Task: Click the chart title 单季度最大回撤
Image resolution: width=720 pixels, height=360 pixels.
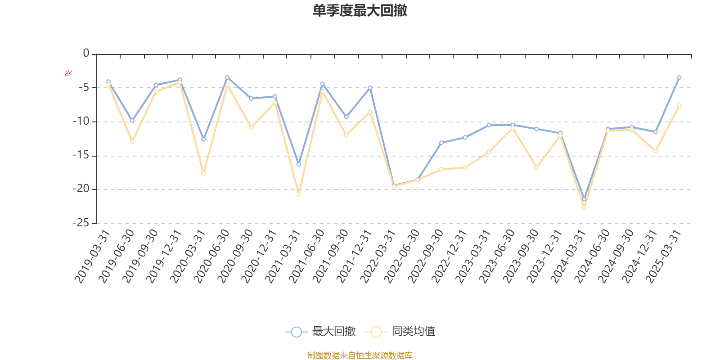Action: pos(360,11)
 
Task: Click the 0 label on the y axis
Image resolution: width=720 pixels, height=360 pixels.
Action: pos(86,54)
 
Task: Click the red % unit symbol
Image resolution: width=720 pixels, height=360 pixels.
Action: pos(68,73)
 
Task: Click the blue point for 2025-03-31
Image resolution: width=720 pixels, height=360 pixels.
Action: pos(679,77)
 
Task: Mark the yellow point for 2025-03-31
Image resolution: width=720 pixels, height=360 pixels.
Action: pos(679,105)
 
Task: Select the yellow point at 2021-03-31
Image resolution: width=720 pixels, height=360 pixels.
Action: pos(298,194)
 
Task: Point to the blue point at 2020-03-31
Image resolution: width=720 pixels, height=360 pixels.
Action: pos(203,139)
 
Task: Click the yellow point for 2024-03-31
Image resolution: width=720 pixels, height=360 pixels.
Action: pos(584,208)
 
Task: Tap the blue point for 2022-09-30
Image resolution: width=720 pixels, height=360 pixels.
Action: pos(441,143)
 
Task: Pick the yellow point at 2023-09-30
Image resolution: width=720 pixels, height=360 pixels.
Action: pos(536,167)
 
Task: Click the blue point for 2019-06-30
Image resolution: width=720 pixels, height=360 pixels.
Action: pos(132,121)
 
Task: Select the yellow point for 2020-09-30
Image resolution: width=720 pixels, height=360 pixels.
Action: pos(251,128)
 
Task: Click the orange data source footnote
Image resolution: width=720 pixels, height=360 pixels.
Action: pos(360,355)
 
